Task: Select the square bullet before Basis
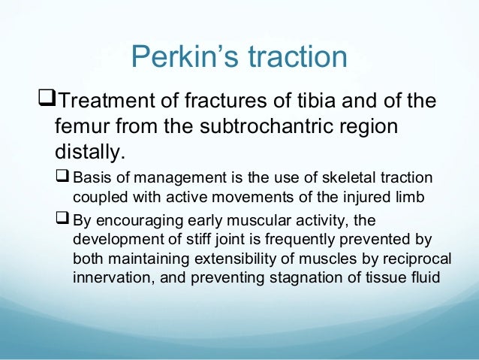pyautogui.click(x=63, y=177)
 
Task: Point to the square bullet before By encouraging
pyautogui.click(x=63, y=220)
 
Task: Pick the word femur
pyautogui.click(x=86, y=126)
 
